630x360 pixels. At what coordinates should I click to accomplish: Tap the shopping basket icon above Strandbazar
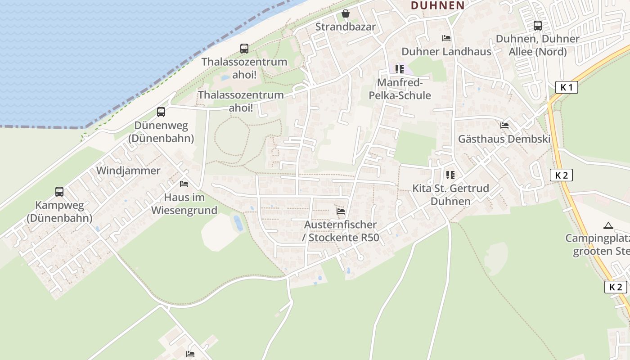pos(346,13)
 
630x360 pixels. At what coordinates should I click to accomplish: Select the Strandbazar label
pos(345,27)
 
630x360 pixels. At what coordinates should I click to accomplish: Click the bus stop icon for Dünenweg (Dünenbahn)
pos(161,112)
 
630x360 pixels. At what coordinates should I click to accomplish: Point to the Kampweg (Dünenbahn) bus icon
pos(59,192)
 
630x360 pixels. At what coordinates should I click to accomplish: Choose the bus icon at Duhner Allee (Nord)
pos(538,26)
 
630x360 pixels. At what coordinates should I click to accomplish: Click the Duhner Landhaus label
pos(446,51)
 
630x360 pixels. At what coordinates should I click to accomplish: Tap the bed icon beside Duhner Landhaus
pos(446,38)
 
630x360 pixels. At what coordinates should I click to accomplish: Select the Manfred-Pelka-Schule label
pos(400,89)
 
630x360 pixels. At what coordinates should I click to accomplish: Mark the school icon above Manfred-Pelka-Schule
pos(400,69)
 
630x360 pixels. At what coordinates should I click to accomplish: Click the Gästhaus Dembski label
pos(504,139)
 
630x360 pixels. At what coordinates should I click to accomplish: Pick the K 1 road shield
pos(566,87)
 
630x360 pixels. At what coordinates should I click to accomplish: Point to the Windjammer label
pos(128,171)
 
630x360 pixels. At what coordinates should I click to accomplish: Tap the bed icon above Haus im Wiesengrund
pos(184,184)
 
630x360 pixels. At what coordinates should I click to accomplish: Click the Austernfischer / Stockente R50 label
pos(341,231)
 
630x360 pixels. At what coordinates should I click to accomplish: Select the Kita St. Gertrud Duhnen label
pos(450,194)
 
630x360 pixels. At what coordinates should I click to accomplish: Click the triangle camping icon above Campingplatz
pos(608,225)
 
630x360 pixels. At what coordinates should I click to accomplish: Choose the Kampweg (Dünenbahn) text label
pos(59,211)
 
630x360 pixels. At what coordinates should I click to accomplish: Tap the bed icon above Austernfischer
pos(341,211)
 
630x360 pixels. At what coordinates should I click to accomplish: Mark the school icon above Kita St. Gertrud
pos(450,175)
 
